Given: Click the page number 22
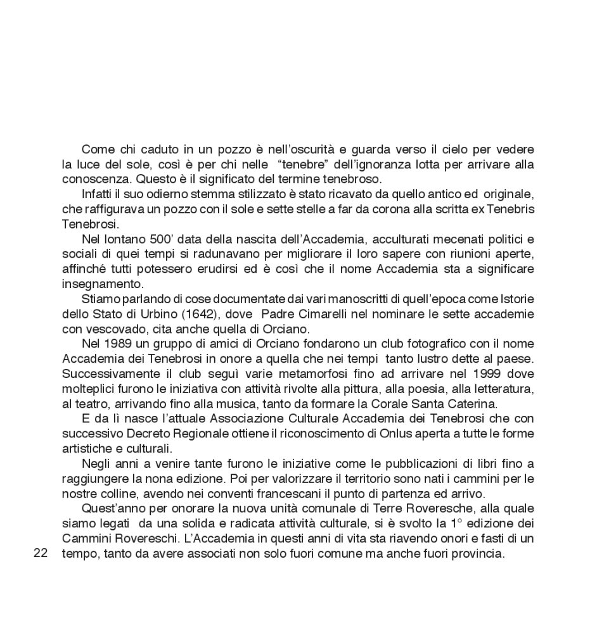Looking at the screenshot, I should (x=40, y=553).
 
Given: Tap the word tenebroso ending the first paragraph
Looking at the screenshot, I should (x=352, y=179).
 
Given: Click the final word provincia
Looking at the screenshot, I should (x=479, y=553).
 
